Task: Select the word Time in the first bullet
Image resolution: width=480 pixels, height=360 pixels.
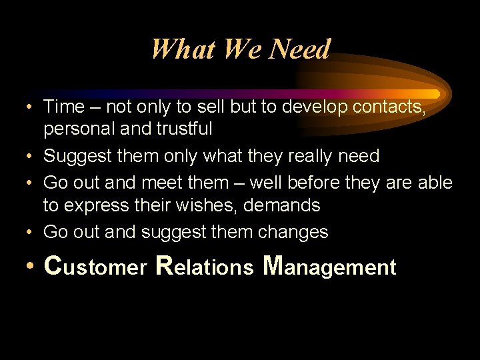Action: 64,107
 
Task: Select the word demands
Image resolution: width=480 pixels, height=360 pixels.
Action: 282,205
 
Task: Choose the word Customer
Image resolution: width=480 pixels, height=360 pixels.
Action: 95,267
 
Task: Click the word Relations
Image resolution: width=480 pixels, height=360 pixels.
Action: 204,267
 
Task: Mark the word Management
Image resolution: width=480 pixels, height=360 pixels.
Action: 329,267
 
